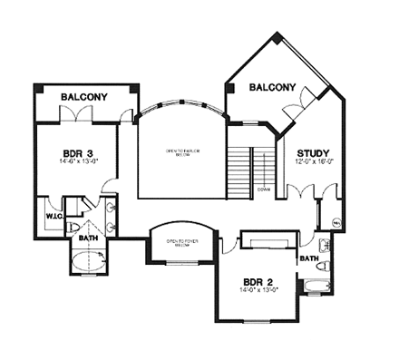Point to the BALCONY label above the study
(272, 88)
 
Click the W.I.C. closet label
(52, 217)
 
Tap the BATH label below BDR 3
(88, 238)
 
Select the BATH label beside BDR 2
(308, 258)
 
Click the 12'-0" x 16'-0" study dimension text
(313, 163)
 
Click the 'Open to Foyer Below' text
(181, 242)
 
